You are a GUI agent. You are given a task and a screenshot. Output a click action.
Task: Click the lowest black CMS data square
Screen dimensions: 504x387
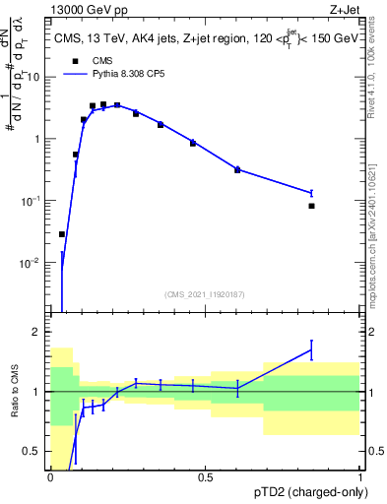(x=62, y=234)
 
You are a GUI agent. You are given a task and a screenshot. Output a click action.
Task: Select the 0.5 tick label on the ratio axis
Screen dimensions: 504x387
(x=32, y=452)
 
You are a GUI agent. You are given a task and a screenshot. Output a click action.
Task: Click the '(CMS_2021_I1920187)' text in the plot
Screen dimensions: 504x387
(x=205, y=292)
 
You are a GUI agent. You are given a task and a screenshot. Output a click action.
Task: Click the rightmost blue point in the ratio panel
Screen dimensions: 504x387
(x=311, y=350)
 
